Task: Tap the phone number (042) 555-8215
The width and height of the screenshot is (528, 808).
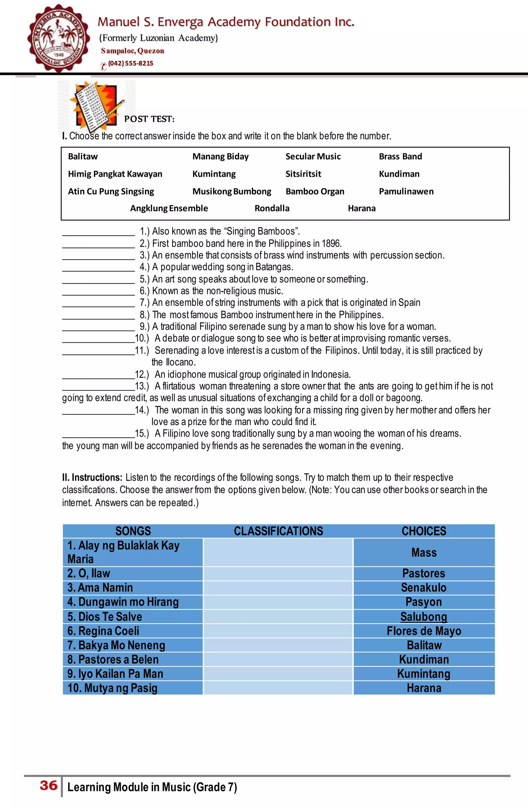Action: [131, 63]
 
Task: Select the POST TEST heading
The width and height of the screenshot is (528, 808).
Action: [149, 119]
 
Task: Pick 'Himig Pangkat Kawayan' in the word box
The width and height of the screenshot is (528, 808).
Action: [115, 174]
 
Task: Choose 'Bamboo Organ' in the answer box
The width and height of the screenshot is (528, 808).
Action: [315, 191]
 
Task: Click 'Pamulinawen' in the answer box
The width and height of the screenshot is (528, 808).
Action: [406, 191]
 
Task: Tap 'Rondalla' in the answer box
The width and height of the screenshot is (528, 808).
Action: [272, 208]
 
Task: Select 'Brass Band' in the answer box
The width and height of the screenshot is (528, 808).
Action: [400, 157]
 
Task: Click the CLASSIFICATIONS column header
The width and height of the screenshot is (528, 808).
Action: [278, 531]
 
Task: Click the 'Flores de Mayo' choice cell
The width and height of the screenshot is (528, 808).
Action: [424, 631]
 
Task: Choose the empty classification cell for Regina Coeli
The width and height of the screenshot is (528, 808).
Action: [278, 631]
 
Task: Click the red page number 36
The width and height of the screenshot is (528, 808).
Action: [48, 786]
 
